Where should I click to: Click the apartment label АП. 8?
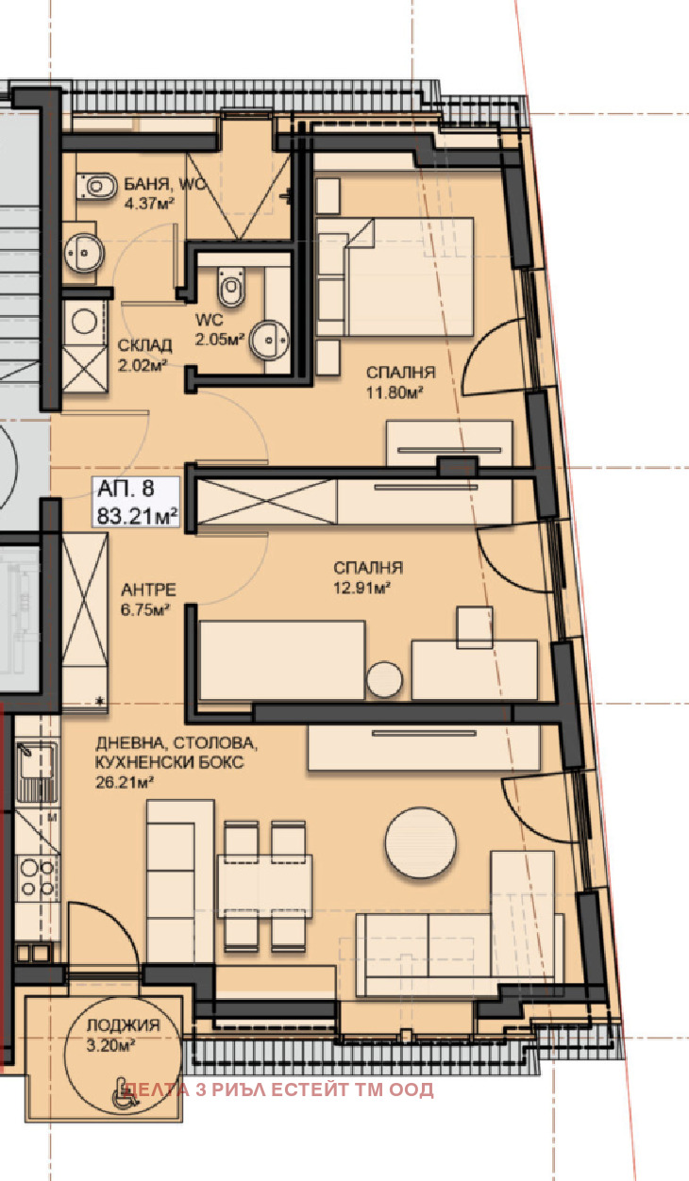pyautogui.click(x=126, y=489)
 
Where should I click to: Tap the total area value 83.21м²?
pyautogui.click(x=137, y=516)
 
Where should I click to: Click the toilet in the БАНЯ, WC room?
pyautogui.click(x=96, y=186)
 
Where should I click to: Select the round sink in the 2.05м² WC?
pyautogui.click(x=269, y=340)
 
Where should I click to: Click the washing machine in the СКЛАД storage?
pyautogui.click(x=84, y=323)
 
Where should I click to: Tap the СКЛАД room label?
pyautogui.click(x=144, y=345)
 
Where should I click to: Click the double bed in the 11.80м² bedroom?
pyautogui.click(x=395, y=277)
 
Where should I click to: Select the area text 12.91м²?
pyautogui.click(x=361, y=588)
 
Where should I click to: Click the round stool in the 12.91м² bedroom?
pyautogui.click(x=384, y=679)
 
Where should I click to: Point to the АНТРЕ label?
pyautogui.click(x=148, y=590)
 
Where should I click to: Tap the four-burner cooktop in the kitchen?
pyautogui.click(x=37, y=878)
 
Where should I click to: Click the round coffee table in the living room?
pyautogui.click(x=420, y=842)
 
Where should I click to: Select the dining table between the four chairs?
pyautogui.click(x=264, y=886)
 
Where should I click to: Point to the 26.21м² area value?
pyautogui.click(x=125, y=782)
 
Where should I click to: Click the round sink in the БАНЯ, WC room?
pyautogui.click(x=83, y=253)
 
